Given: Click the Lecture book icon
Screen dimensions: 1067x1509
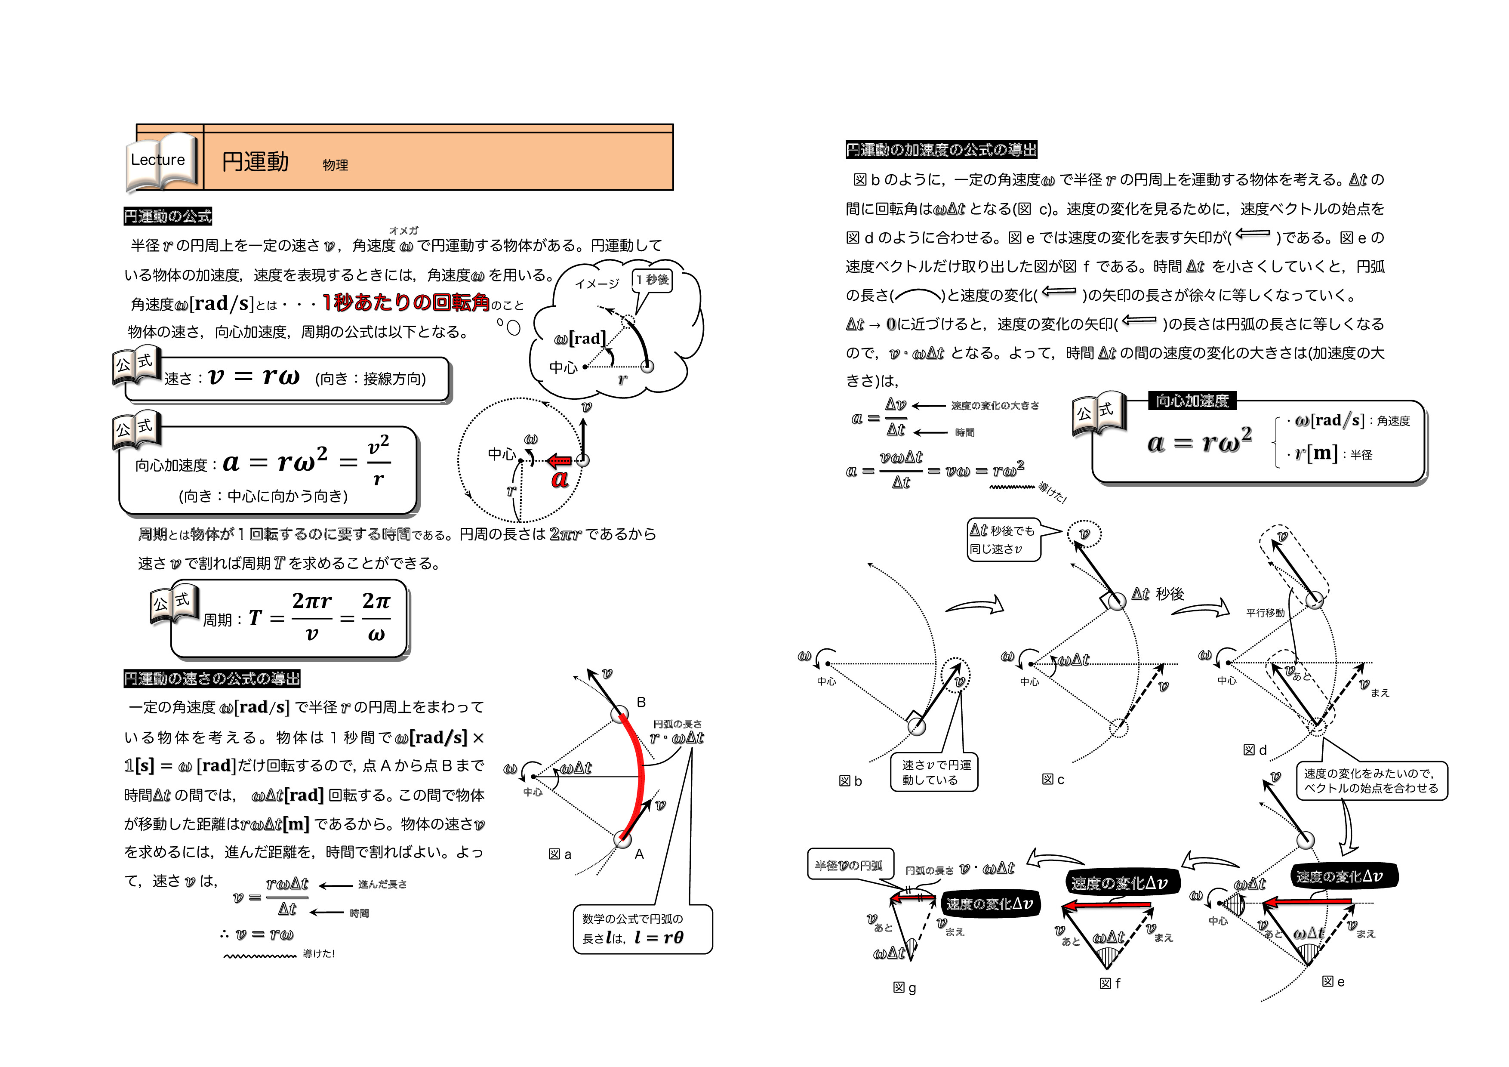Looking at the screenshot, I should click(x=161, y=161).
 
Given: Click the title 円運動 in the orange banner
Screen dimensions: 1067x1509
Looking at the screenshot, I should click(x=255, y=162).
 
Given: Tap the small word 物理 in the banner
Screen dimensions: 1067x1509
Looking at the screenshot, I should click(x=335, y=165).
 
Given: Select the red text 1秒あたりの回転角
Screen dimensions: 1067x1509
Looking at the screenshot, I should click(x=406, y=302).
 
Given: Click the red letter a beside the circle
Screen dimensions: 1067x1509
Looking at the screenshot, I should click(x=559, y=478).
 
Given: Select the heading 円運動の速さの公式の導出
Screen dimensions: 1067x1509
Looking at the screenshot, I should click(x=212, y=678).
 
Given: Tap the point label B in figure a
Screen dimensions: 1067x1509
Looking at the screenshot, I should click(x=641, y=702).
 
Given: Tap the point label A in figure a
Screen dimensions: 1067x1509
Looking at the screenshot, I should click(x=639, y=854).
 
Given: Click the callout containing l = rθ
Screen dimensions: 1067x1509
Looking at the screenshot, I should click(x=642, y=929).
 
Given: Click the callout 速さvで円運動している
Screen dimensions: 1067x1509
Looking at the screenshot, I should click(x=934, y=772).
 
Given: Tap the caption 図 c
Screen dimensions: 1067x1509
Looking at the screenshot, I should click(x=1052, y=779).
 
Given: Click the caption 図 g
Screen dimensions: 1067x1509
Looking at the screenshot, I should click(x=904, y=987).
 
